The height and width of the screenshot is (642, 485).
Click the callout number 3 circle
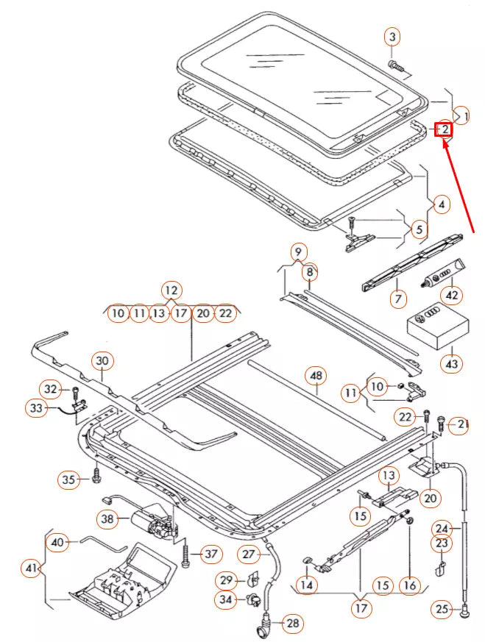[392, 37]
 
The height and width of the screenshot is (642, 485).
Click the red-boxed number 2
[444, 130]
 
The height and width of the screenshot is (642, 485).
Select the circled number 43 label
[451, 363]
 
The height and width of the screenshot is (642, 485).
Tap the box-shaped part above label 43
[436, 327]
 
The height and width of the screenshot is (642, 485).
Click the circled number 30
[102, 360]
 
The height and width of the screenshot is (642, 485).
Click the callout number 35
[69, 480]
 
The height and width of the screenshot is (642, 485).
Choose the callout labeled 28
[293, 624]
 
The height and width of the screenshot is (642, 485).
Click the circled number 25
[461, 610]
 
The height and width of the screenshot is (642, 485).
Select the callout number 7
[399, 299]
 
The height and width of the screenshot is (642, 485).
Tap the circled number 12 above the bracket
[171, 290]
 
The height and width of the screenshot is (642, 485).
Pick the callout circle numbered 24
[461, 528]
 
